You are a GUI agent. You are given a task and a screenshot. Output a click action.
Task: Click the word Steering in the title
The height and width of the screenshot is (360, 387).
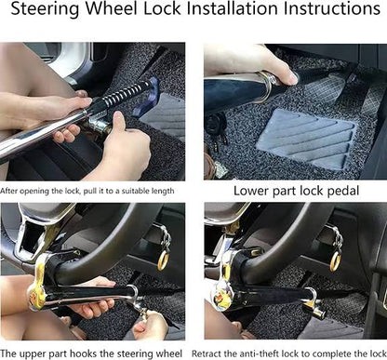pyautogui.click(x=45, y=9)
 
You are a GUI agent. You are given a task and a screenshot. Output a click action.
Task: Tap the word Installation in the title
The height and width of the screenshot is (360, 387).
pyautogui.click(x=233, y=8)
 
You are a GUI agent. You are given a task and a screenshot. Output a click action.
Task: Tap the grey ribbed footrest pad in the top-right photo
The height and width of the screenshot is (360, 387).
pyautogui.click(x=305, y=138)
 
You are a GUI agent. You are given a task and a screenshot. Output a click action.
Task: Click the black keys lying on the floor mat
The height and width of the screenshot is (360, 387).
pyautogui.click(x=216, y=130)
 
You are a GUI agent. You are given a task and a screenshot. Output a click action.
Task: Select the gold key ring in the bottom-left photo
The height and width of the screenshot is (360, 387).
pyautogui.click(x=163, y=260)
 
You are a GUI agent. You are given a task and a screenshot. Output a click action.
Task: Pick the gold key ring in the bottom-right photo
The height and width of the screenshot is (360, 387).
pyautogui.click(x=335, y=260)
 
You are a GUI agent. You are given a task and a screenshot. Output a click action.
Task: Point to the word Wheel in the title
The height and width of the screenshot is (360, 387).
pyautogui.click(x=112, y=8)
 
